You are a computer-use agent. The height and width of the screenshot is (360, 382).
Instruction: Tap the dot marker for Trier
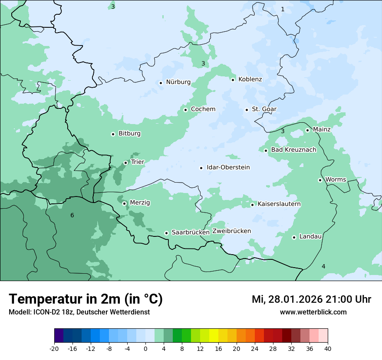pos(125,163)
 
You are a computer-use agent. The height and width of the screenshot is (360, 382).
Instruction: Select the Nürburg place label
pos(178,82)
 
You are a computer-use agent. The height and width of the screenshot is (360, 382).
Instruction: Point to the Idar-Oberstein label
pos(228,167)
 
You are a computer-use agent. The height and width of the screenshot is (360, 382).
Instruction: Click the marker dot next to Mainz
pos(307,130)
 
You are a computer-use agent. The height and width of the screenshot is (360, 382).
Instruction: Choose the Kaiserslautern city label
pos(279,204)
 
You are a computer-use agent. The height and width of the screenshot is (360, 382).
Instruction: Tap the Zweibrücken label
pos(231,231)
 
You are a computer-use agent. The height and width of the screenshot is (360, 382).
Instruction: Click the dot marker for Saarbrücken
pos(166,233)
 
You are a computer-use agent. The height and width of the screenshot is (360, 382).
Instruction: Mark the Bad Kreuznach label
pos(293,150)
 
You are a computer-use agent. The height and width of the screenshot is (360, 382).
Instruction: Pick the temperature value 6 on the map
pos(72,216)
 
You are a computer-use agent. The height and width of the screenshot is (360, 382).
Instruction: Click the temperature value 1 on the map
pos(283,9)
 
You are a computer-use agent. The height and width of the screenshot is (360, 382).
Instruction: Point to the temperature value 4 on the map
pos(323,266)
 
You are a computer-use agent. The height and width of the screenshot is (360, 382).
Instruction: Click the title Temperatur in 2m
pos(86,299)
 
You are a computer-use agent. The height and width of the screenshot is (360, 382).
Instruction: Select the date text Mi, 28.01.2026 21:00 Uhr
pos(311,299)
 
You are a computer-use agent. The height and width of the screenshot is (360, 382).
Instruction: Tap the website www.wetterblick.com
pos(313,312)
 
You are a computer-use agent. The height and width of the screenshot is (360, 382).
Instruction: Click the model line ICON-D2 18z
pos(79,312)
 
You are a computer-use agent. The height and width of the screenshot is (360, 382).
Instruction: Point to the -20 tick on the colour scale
pos(54,348)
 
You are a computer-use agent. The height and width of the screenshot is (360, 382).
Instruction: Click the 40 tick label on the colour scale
pos(328,348)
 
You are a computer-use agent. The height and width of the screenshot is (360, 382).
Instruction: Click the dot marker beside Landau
pos(294,237)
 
